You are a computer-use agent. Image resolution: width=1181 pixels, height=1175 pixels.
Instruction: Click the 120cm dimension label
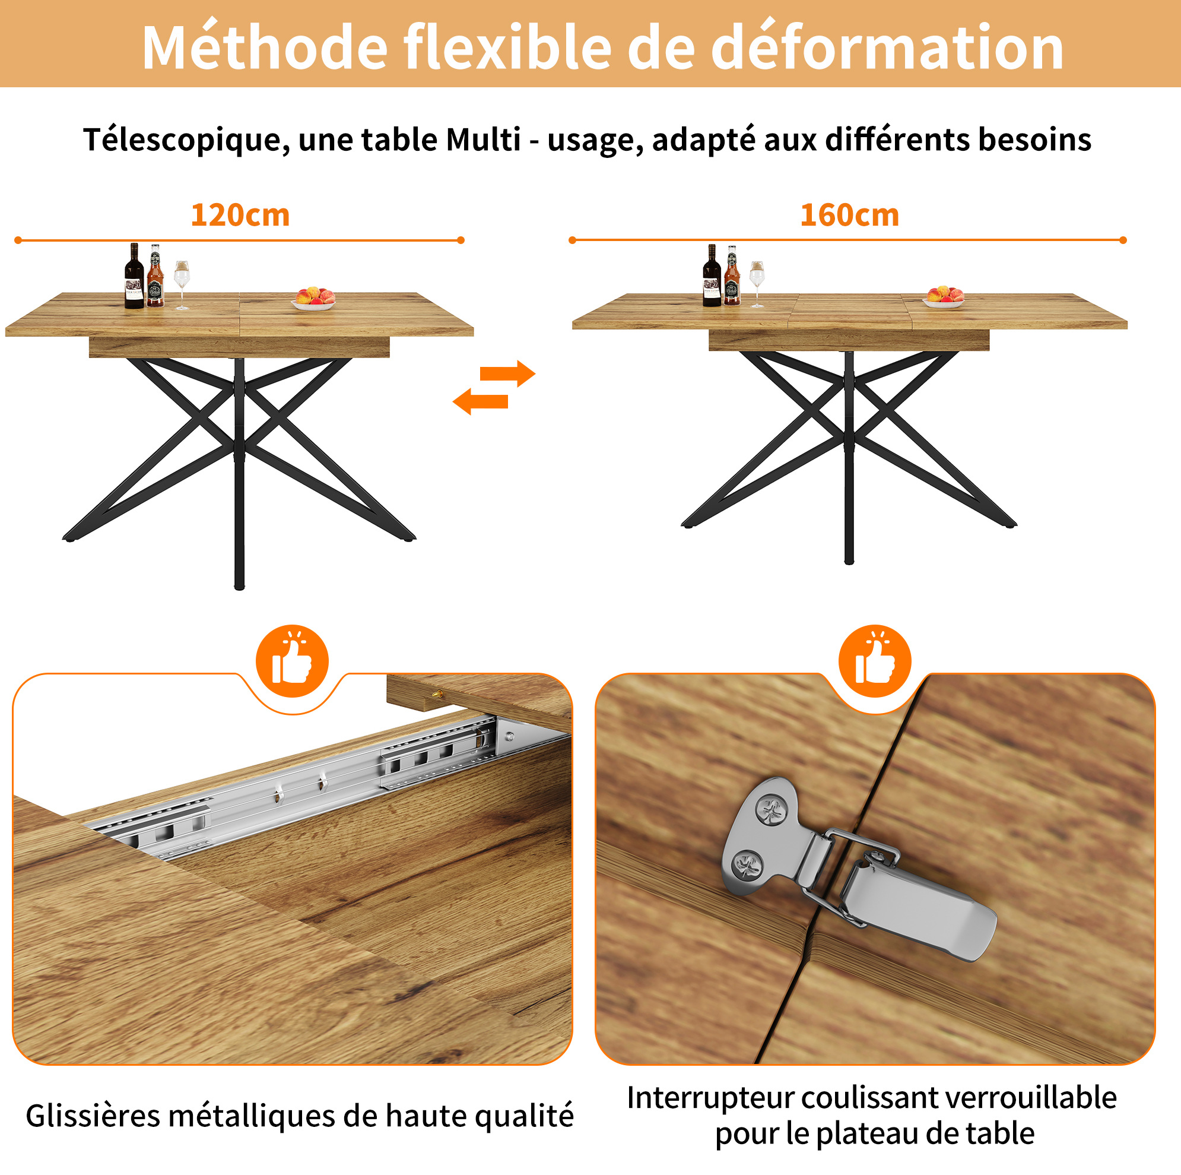tap(240, 216)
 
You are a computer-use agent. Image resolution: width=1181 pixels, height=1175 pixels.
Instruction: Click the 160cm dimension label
tap(850, 216)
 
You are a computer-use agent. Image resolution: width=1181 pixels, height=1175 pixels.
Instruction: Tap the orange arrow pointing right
tap(507, 373)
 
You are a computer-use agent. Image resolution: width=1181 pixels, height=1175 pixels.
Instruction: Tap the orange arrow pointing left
tap(481, 401)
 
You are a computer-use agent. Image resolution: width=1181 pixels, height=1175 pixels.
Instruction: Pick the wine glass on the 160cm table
tap(757, 284)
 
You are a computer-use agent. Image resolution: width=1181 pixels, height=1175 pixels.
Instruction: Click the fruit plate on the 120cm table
tap(314, 299)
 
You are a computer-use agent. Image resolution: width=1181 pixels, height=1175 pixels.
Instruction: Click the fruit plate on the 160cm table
tap(944, 297)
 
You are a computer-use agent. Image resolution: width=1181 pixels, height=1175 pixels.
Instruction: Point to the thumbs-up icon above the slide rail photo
tap(292, 661)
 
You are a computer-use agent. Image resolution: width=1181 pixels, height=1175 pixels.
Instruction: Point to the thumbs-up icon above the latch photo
tap(875, 661)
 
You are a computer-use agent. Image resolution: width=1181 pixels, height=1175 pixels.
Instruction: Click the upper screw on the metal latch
tap(771, 812)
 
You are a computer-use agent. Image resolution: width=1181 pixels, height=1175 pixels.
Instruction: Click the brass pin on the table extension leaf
tap(437, 694)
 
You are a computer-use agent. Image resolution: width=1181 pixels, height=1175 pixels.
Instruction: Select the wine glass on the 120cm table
tap(182, 285)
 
